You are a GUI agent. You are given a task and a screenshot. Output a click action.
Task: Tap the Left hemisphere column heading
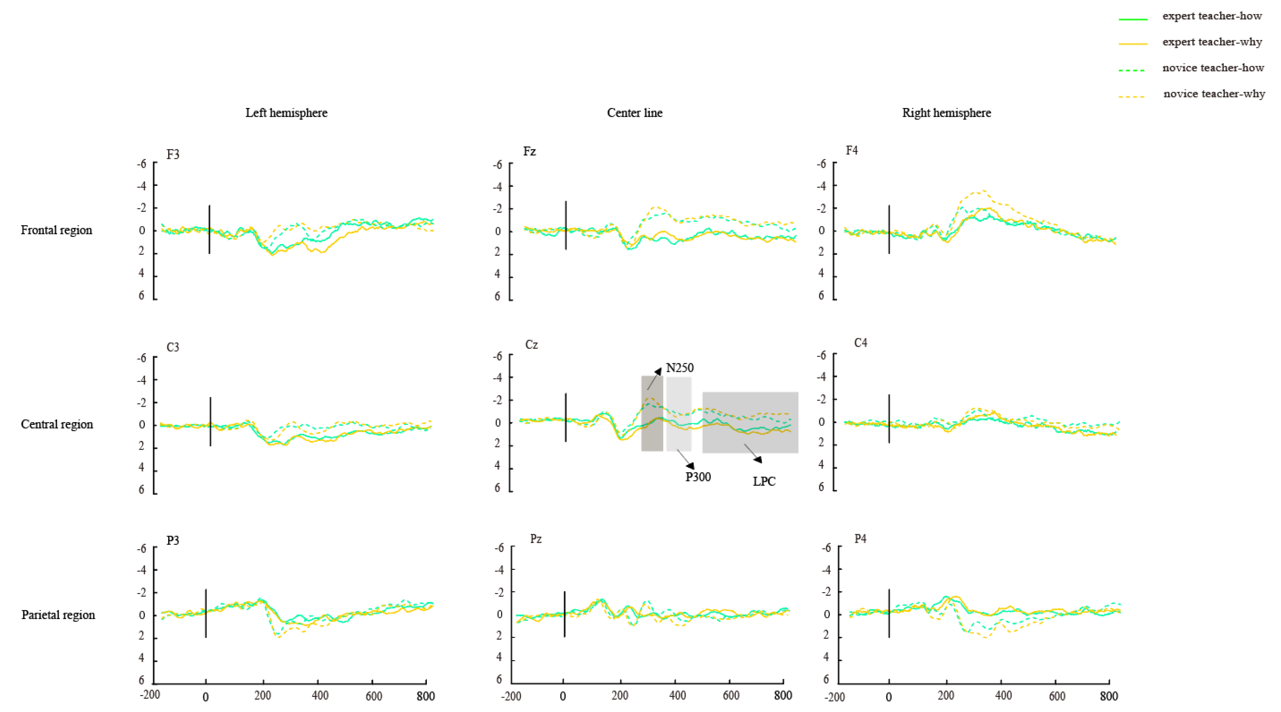coord(286,113)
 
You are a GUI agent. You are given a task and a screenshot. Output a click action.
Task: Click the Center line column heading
coord(635,113)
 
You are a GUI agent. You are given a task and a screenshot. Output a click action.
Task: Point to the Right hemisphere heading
coord(946,113)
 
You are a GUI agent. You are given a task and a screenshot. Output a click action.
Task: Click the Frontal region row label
coord(56,230)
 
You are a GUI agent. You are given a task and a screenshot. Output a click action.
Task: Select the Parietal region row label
coord(58,615)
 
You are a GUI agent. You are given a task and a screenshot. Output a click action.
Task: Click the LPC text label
coord(764,481)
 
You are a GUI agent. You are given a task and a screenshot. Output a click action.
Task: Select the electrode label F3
coord(173,155)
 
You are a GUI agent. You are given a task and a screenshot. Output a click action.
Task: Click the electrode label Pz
coord(536,539)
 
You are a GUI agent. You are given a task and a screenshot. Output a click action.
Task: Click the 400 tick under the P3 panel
coord(320,695)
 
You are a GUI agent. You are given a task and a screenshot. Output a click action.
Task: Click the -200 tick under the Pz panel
coord(511,696)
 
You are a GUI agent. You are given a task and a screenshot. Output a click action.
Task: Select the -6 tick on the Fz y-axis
coord(497,164)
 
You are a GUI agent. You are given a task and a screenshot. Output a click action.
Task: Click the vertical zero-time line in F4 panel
coord(889,229)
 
